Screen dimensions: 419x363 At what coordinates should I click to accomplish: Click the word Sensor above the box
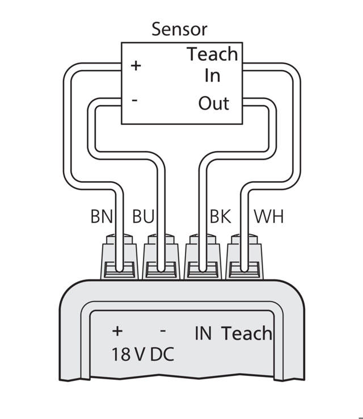click(179, 30)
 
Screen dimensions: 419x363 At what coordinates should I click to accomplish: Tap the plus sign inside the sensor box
click(136, 66)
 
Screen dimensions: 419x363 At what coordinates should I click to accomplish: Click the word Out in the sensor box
click(213, 104)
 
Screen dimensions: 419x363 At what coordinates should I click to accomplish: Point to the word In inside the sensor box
click(212, 76)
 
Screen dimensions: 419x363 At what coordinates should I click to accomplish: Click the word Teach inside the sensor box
click(212, 55)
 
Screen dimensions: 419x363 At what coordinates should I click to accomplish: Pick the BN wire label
click(102, 217)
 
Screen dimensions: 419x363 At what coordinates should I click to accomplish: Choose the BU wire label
click(143, 217)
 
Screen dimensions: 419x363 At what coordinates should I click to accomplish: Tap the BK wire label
click(220, 217)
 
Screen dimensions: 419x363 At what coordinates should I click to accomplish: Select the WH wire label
click(269, 217)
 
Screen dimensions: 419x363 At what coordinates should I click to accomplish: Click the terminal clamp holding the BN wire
click(120, 262)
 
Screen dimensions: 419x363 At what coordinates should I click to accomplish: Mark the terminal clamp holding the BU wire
click(162, 262)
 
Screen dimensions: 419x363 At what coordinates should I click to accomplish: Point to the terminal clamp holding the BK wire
click(204, 262)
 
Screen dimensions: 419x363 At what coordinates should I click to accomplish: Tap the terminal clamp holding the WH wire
click(245, 262)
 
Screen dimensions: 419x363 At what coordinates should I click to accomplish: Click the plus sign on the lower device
click(118, 331)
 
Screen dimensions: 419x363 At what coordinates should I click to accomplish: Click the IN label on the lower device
click(202, 333)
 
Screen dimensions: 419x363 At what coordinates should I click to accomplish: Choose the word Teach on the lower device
click(247, 333)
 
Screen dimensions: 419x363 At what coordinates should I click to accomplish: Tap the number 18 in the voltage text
click(121, 355)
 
